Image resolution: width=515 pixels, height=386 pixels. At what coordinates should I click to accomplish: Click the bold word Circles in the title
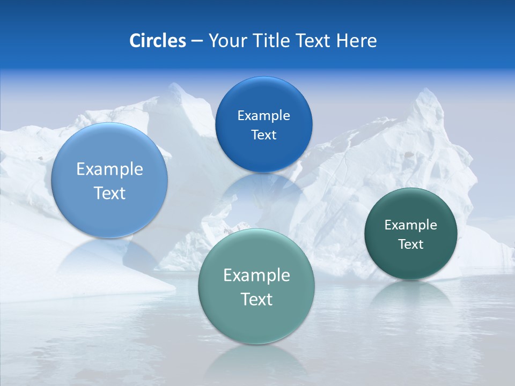(x=157, y=41)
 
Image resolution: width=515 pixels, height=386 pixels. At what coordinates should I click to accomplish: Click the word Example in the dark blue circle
(x=263, y=116)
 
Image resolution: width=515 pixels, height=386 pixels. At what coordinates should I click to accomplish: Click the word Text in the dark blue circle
(x=263, y=135)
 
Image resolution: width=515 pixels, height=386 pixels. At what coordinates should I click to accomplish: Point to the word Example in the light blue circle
(x=109, y=169)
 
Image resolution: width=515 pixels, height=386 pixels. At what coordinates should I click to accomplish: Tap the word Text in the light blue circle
(x=109, y=193)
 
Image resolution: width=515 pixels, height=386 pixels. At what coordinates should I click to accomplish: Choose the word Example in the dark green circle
(x=411, y=225)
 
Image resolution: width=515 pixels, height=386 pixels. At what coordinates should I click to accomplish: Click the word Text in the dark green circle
(x=411, y=244)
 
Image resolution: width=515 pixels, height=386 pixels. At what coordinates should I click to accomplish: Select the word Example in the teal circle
(x=256, y=276)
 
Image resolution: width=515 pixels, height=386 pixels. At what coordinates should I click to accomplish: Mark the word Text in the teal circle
(x=256, y=299)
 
